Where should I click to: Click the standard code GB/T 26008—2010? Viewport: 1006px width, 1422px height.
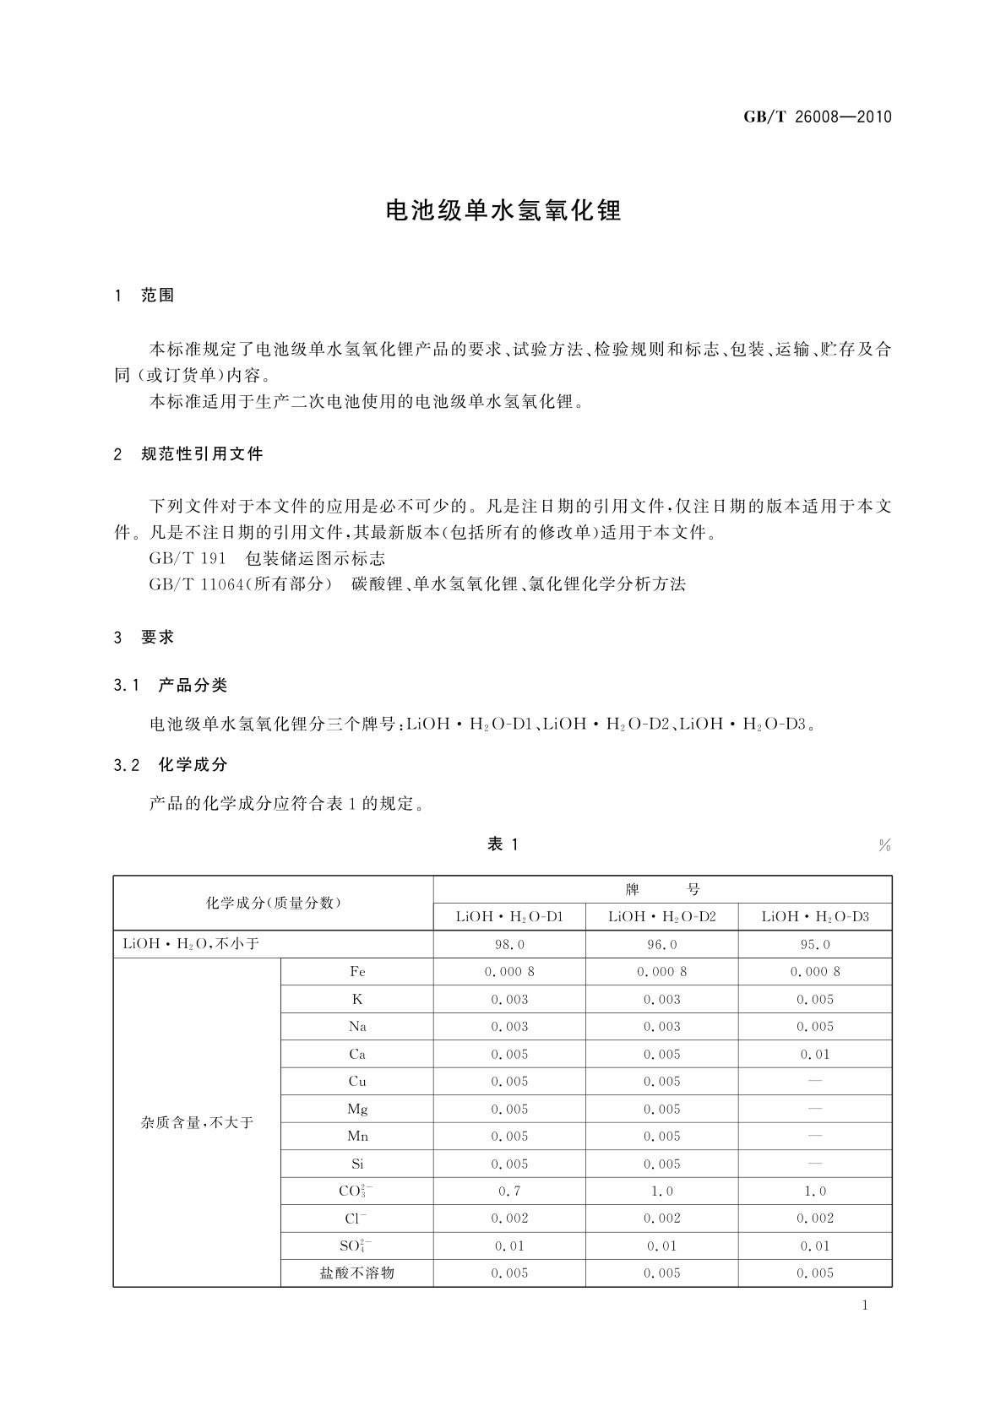(x=817, y=117)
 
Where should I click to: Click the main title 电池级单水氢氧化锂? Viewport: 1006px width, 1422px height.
(x=503, y=211)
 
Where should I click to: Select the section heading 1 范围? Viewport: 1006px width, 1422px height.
(x=144, y=296)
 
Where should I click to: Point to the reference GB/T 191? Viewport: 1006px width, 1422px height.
(x=188, y=558)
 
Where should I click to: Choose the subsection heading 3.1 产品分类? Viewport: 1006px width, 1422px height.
(x=171, y=686)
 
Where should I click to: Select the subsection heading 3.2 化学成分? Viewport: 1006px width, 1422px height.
(x=171, y=765)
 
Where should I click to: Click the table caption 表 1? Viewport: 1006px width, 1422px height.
(x=503, y=844)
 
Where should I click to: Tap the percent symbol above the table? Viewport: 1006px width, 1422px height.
(x=884, y=846)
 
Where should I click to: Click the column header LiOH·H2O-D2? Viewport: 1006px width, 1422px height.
(x=662, y=917)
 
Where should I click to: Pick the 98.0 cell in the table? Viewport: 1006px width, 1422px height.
(x=509, y=945)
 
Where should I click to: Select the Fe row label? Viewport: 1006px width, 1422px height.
(x=357, y=972)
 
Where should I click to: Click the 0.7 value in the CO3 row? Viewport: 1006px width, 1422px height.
(x=509, y=1191)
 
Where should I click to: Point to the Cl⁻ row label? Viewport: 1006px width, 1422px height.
(x=357, y=1218)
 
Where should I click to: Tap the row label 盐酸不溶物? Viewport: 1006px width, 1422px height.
(x=357, y=1273)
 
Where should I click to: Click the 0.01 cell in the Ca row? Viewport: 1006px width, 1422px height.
(x=815, y=1055)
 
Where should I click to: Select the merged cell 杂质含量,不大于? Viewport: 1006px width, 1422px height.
(x=197, y=1123)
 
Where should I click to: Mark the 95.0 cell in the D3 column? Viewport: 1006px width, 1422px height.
(x=815, y=945)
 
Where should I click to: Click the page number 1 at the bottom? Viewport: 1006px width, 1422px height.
(x=865, y=1306)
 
